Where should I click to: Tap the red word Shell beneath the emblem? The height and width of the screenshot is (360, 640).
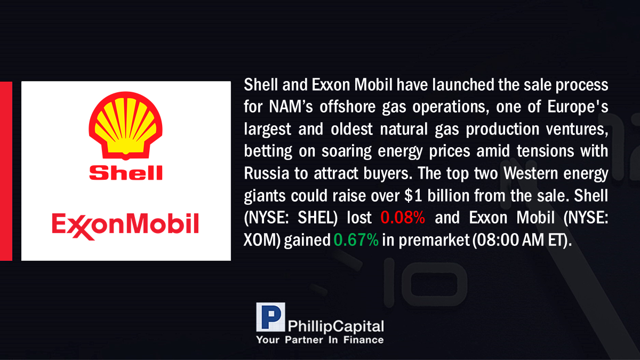pyautogui.click(x=126, y=173)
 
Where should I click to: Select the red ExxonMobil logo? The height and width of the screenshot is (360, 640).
pyautogui.click(x=125, y=226)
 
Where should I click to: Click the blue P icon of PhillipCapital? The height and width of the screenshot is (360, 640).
pyautogui.click(x=270, y=317)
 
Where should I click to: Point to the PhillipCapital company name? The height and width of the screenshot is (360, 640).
pyautogui.click(x=335, y=326)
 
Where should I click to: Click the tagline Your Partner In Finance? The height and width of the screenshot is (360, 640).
pyautogui.click(x=320, y=340)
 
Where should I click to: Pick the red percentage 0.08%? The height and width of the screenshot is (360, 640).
pyautogui.click(x=403, y=218)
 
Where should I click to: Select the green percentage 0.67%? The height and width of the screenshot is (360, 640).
pyautogui.click(x=356, y=239)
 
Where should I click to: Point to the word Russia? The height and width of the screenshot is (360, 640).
pyautogui.click(x=266, y=173)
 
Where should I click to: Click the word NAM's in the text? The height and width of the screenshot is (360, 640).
pyautogui.click(x=291, y=107)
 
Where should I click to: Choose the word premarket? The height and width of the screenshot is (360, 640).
pyautogui.click(x=434, y=241)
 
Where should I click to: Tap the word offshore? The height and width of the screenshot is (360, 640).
pyautogui.click(x=347, y=107)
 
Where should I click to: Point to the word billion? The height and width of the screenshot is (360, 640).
pyautogui.click(x=448, y=196)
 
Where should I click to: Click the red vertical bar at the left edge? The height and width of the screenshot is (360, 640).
pyautogui.click(x=6, y=171)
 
